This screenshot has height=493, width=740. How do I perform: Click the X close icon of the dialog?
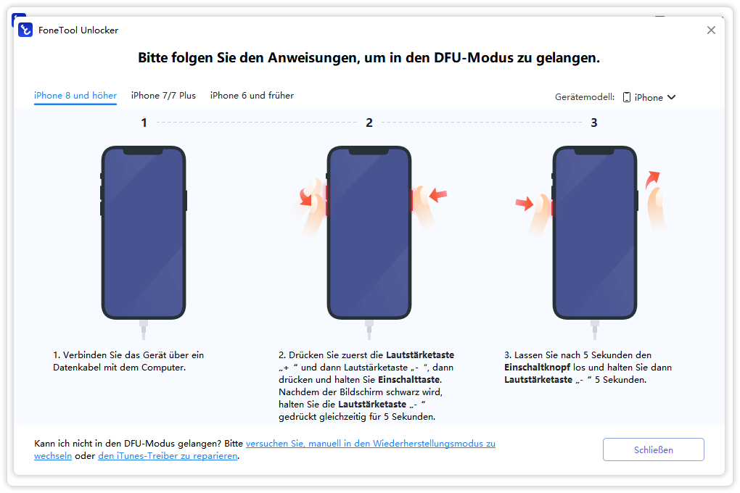pos(711,30)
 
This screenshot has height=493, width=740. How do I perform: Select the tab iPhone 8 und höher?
pos(75,95)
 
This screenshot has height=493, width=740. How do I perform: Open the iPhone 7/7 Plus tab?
pos(163,95)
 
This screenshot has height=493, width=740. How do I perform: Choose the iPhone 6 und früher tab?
pos(252,95)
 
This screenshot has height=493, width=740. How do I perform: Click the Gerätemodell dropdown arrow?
pos(672,97)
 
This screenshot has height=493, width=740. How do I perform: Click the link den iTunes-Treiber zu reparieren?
pos(168,456)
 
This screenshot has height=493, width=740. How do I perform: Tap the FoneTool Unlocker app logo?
pos(25,30)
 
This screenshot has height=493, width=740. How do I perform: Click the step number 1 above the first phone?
pos(144,123)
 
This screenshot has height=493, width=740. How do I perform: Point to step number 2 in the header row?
pos(369,123)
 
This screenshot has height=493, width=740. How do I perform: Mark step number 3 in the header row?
pos(594,123)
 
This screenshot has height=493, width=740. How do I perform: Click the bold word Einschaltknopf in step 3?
pos(537,367)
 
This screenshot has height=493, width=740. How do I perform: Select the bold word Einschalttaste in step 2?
pos(409,379)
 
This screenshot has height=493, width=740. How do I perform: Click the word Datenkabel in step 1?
pos(77,367)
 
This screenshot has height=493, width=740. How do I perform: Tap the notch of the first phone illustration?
pos(144,151)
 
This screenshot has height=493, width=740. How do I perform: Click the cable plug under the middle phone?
pos(369,329)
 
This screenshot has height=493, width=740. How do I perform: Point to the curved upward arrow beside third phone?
pos(652,178)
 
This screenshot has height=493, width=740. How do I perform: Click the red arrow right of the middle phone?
pos(438,194)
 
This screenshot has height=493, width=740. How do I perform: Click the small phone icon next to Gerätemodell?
pos(627,97)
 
